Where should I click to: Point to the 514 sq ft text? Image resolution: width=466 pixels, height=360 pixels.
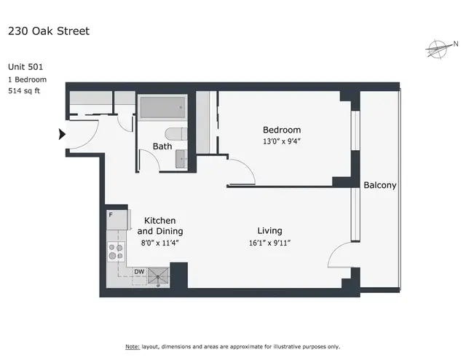pyautogui.click(x=24, y=90)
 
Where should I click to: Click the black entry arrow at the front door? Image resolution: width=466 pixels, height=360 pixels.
pyautogui.click(x=62, y=133)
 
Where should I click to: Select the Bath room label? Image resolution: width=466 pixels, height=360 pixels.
pyautogui.click(x=162, y=146)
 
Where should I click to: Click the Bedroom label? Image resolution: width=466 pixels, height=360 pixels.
pyautogui.click(x=282, y=130)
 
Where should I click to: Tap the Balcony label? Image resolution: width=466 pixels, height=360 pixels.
pyautogui.click(x=380, y=185)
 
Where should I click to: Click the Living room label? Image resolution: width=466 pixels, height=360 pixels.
pyautogui.click(x=269, y=231)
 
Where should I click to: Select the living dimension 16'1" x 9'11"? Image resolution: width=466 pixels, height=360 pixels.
pyautogui.click(x=269, y=243)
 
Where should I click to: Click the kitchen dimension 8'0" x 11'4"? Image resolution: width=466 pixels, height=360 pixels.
pyautogui.click(x=159, y=243)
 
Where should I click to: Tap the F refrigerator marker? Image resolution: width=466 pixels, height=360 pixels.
pyautogui.click(x=111, y=215)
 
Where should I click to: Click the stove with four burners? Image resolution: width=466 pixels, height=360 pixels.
pyautogui.click(x=115, y=251)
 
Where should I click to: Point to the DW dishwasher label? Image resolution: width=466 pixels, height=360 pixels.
pyautogui.click(x=138, y=272)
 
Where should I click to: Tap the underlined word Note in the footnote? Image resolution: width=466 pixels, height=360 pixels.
pyautogui.click(x=132, y=346)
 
